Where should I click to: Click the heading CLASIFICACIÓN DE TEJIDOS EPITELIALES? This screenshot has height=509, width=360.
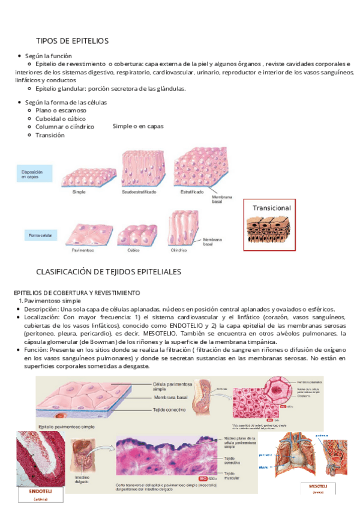(109, 272)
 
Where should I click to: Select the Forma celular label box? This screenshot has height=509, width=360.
(41, 236)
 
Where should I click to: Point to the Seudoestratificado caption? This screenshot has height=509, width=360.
(139, 192)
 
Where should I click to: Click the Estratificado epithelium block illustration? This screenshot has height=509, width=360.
(195, 169)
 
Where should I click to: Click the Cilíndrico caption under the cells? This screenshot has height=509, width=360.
(180, 249)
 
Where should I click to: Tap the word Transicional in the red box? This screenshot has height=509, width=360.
(272, 208)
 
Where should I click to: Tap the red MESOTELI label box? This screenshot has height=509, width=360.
(317, 486)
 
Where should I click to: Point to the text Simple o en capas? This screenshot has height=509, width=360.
(138, 127)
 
